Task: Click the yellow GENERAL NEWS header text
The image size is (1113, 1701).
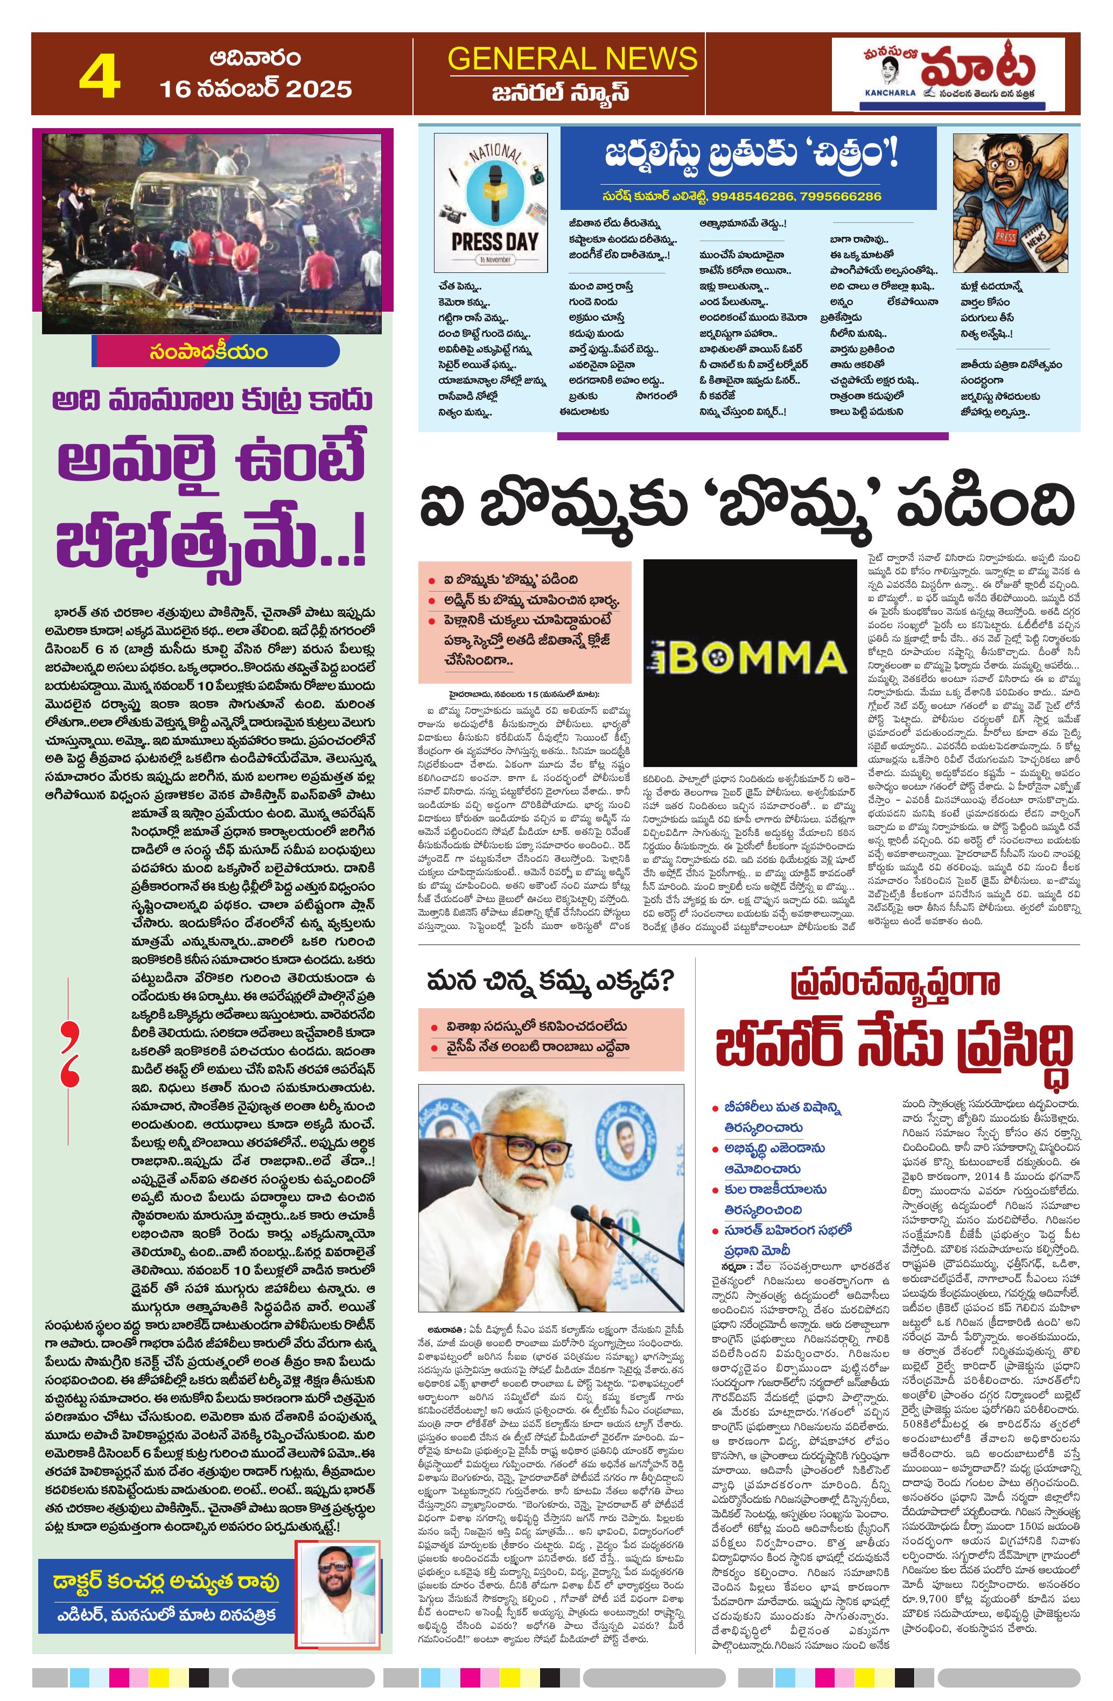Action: [571, 59]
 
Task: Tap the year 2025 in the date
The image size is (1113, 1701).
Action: [319, 89]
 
